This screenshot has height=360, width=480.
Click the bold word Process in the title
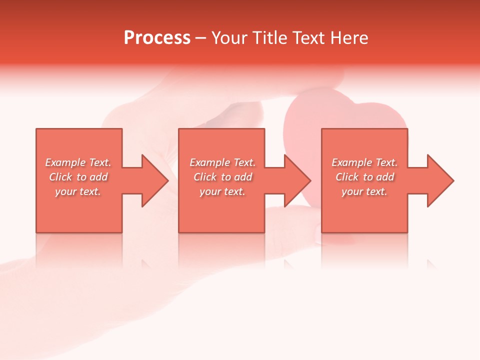click(x=157, y=38)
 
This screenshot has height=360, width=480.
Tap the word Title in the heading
click(x=270, y=38)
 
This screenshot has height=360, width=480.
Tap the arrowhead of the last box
click(x=440, y=180)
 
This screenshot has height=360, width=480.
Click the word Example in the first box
click(x=64, y=162)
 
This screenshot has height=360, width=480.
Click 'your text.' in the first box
click(x=78, y=191)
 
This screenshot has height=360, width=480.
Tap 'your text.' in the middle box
click(x=222, y=191)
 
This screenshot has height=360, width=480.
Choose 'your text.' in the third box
click(x=364, y=191)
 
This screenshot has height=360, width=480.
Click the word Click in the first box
click(x=60, y=177)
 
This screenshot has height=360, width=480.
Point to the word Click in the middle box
click(x=205, y=177)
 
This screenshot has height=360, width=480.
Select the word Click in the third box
click(x=347, y=177)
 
